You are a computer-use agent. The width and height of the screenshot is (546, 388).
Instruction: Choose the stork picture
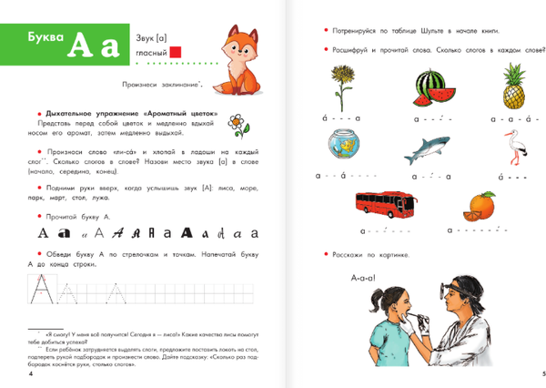pos(515,147)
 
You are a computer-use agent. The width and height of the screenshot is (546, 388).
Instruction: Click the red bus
pos(375,207)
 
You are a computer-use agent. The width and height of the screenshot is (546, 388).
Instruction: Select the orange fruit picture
pos(481,207)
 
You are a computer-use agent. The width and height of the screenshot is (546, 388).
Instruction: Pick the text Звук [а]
pos(152,36)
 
